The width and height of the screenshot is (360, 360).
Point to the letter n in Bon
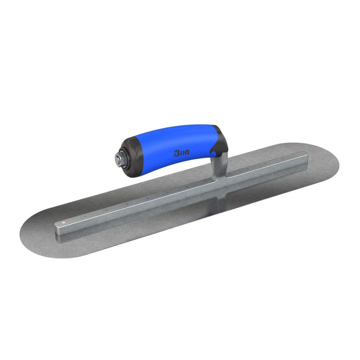click(187, 153)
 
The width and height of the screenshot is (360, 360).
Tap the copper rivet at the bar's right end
click(300, 154)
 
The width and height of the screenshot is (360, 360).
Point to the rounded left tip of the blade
click(24, 234)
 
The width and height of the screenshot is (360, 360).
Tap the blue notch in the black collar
click(213, 152)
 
